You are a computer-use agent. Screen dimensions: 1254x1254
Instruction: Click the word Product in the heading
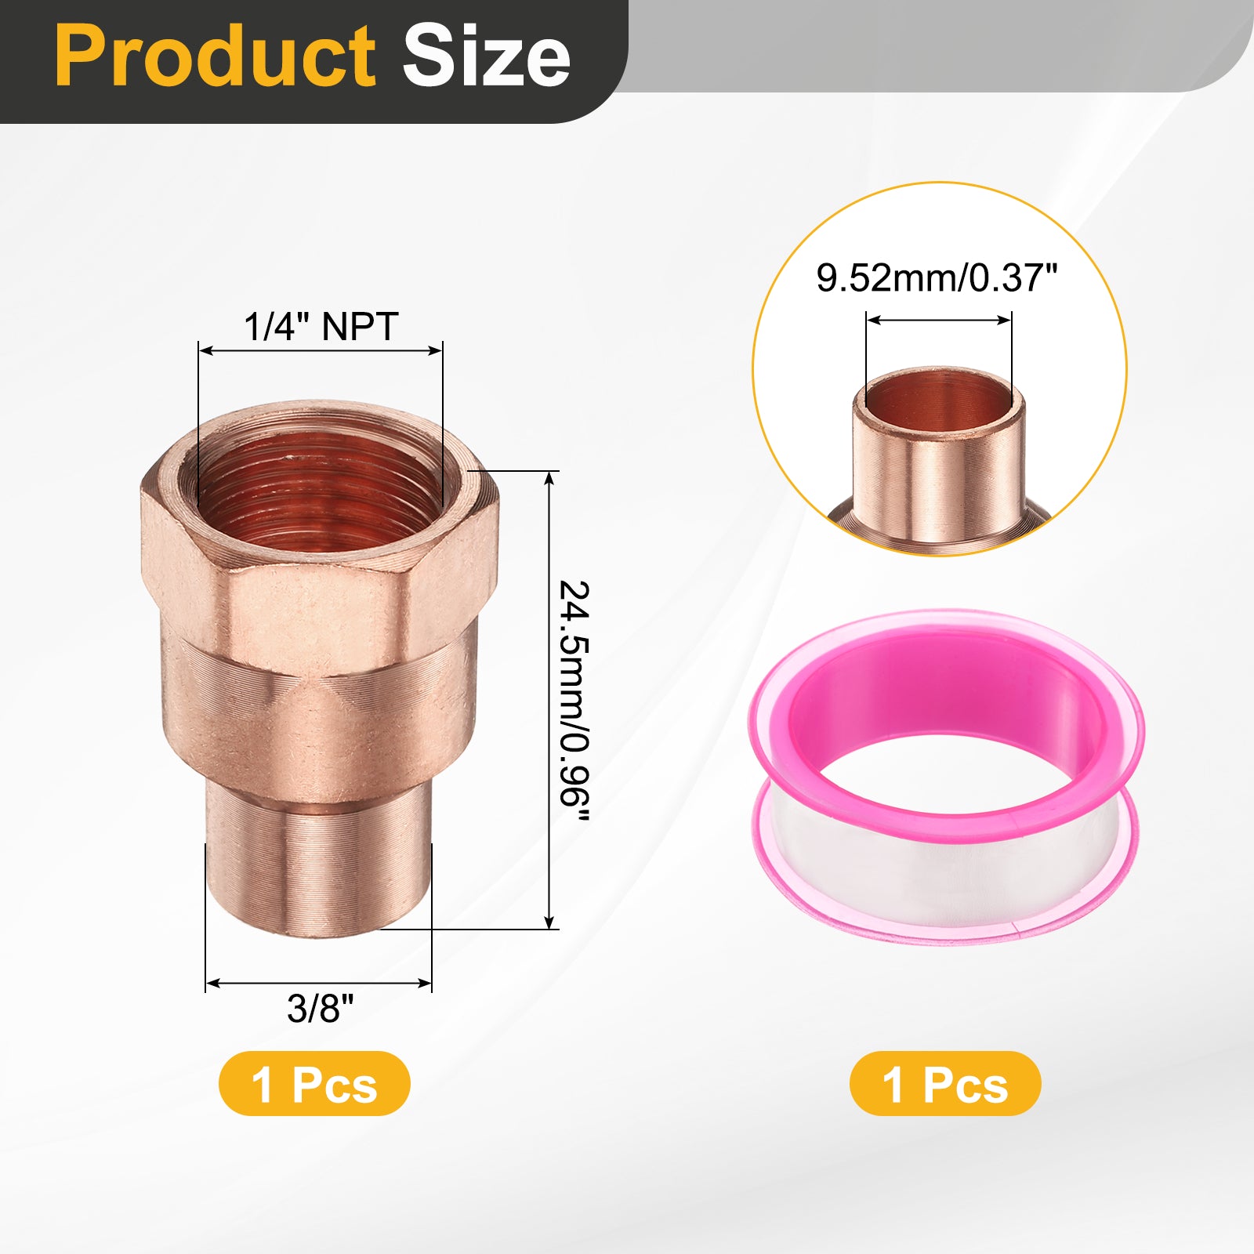216,56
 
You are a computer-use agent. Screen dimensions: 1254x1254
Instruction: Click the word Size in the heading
487,56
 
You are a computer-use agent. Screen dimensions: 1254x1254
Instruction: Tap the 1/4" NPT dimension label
321,326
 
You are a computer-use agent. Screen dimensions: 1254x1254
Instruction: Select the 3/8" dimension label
320,1008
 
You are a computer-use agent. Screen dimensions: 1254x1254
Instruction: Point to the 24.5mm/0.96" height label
574,701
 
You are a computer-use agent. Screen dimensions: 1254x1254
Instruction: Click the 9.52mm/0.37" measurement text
937,277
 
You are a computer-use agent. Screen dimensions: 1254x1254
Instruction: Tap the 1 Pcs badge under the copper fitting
314,1084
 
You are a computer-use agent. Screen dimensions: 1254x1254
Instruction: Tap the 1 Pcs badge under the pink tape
945,1084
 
